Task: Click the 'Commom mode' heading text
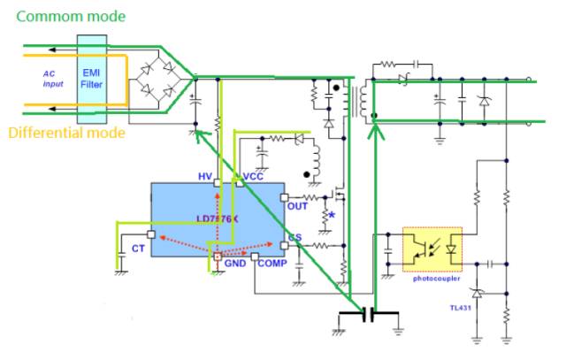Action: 72,16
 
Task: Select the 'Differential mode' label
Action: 65,134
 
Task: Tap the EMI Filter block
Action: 90,79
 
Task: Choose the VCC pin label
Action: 256,177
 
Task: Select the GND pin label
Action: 235,263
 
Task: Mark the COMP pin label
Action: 272,264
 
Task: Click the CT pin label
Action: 138,249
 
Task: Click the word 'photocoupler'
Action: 438,277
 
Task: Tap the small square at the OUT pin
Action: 284,197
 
